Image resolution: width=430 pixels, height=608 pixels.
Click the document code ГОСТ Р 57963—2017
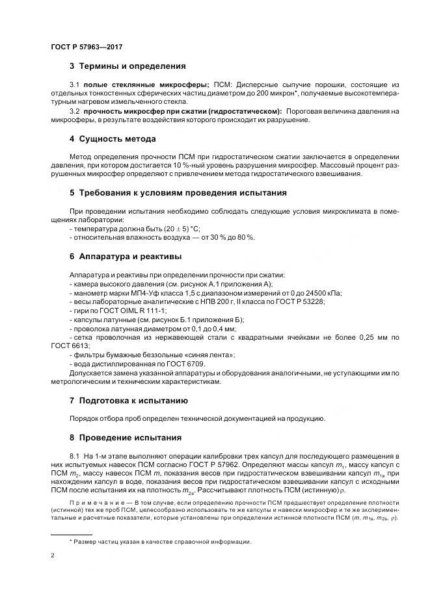pos(87,47)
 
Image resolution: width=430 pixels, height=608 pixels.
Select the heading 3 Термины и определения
pos(128,66)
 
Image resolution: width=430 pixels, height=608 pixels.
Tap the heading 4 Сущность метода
pos(113,139)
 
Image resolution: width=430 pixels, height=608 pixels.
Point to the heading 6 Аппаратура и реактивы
pos(126,257)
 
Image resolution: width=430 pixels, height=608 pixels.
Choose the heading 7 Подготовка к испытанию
pos(129,400)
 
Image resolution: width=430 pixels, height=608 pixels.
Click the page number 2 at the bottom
pos(53,556)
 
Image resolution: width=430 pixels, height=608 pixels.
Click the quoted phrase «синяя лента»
pos(211,355)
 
